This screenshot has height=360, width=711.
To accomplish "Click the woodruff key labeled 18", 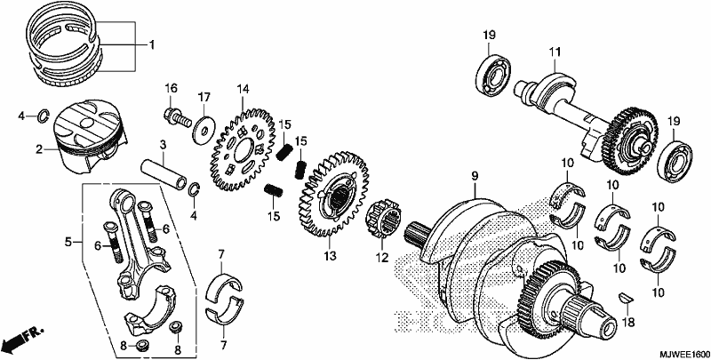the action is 627,298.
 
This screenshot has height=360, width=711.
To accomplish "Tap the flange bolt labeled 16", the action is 178,118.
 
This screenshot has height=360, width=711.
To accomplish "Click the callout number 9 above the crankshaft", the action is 474,176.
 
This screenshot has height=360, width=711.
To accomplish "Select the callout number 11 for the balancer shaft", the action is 555,52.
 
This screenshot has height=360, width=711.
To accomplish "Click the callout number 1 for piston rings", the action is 152,44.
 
